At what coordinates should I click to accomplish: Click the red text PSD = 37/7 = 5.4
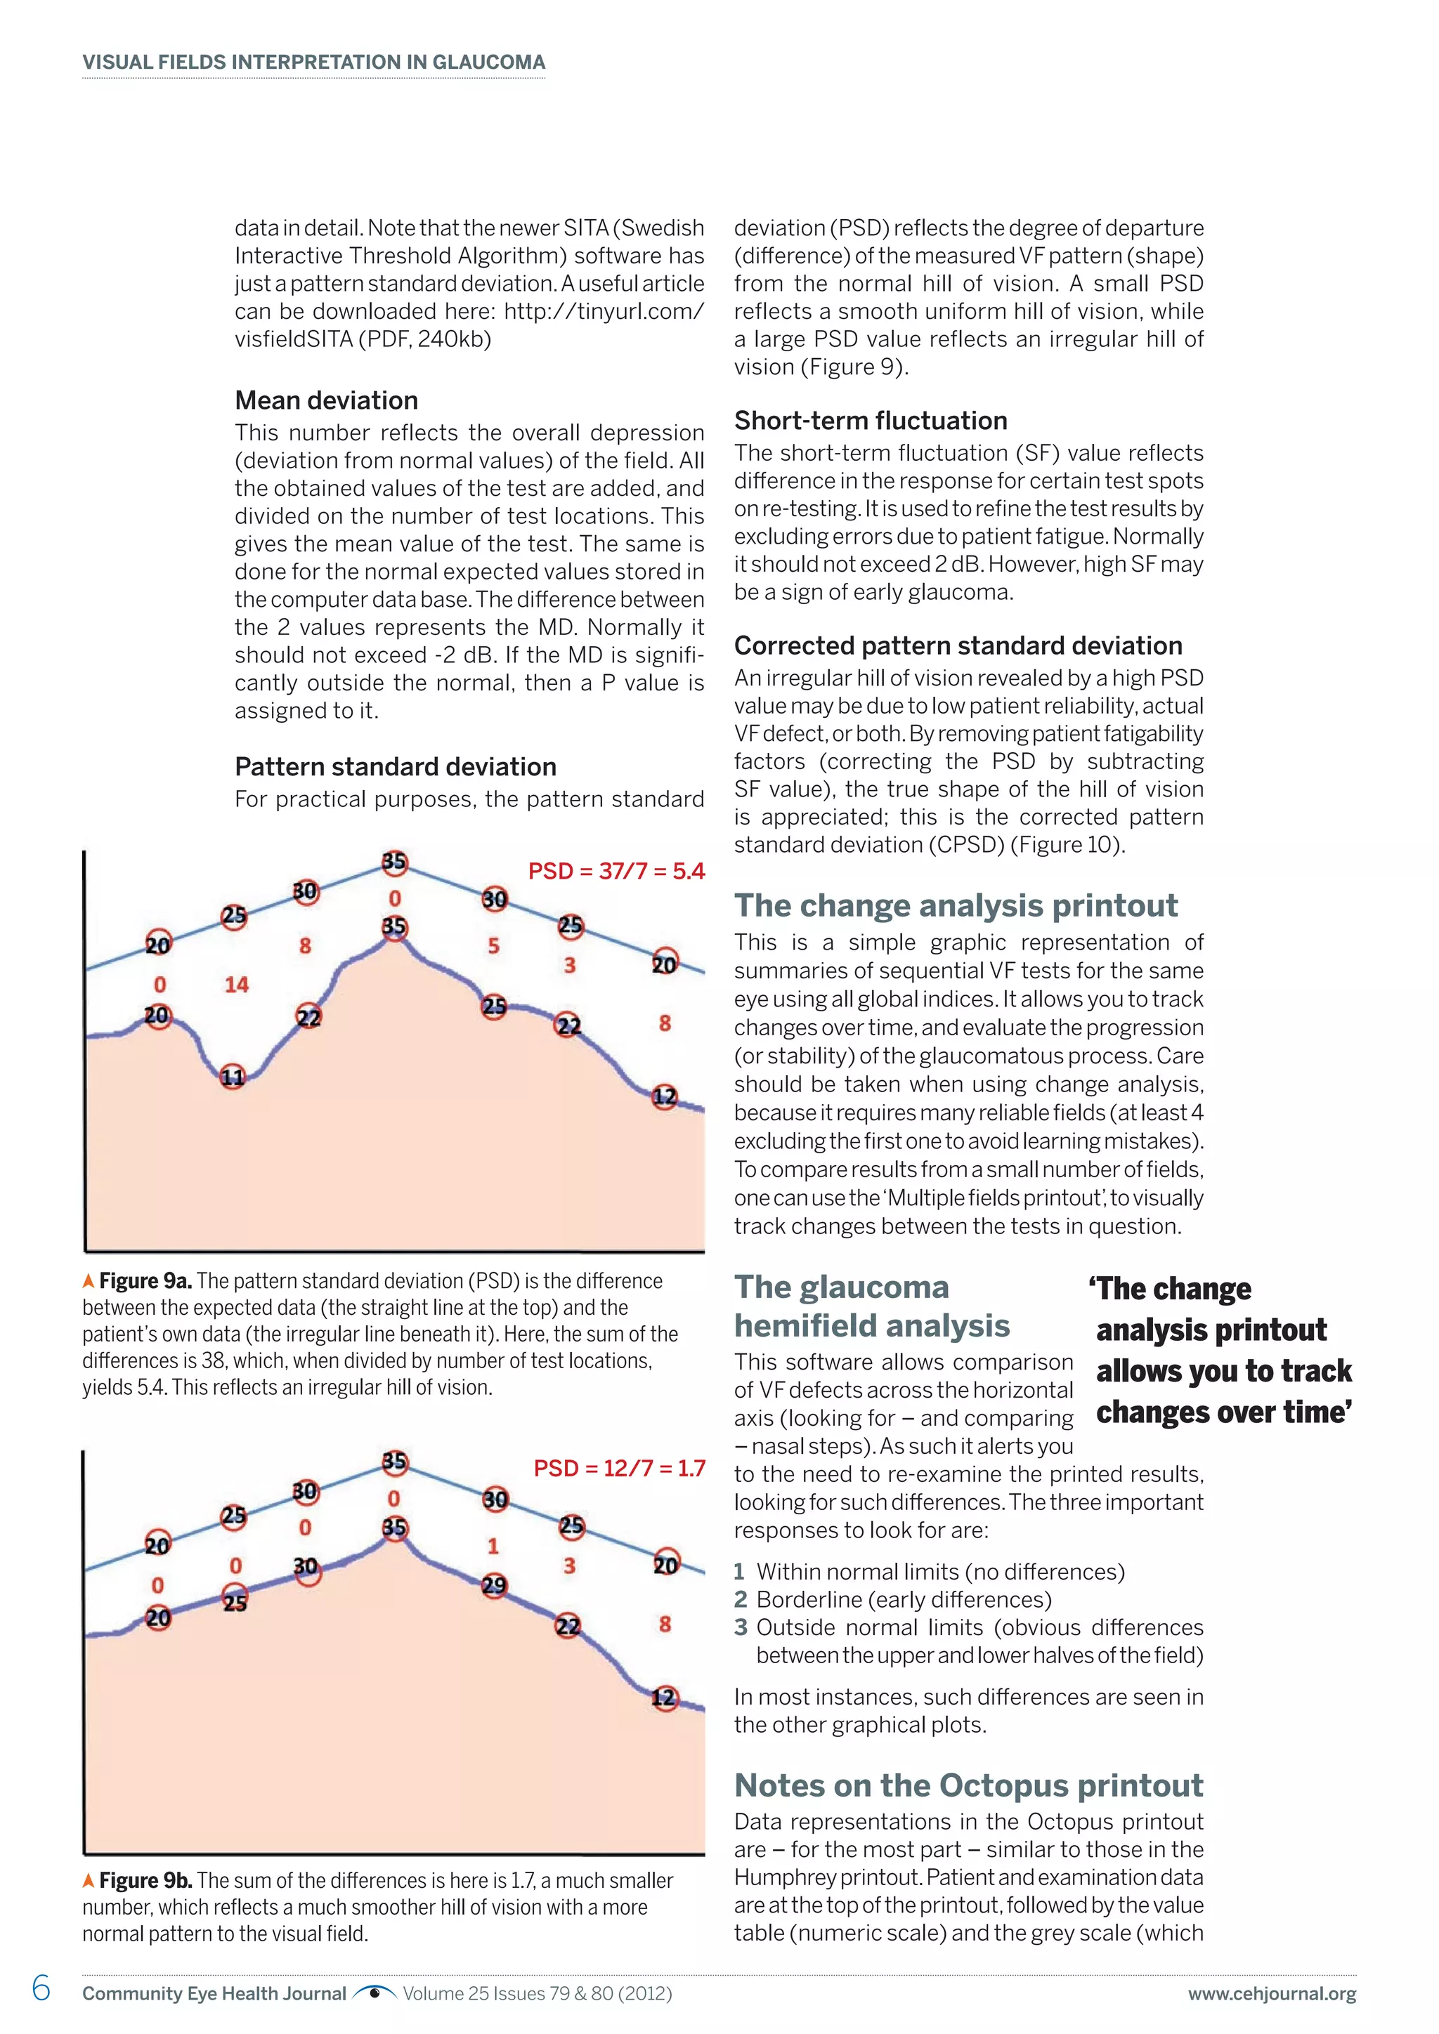coord(616,872)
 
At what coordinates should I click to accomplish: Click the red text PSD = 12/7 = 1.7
coord(618,1468)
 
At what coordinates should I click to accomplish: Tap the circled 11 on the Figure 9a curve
coord(232,1077)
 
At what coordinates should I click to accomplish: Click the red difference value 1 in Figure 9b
coord(493,1547)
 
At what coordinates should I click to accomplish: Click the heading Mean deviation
coord(326,400)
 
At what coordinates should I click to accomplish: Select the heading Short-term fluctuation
coord(870,421)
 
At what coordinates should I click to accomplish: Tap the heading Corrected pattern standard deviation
coord(958,646)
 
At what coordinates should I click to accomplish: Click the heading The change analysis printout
coord(955,905)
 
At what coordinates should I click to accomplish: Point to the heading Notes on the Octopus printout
coord(968,1785)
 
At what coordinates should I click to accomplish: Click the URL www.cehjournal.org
coord(1272,1994)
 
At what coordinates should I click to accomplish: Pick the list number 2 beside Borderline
coord(741,1600)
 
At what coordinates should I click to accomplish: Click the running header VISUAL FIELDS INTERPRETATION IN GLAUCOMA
coord(313,62)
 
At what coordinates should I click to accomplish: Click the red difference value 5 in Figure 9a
coord(493,946)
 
